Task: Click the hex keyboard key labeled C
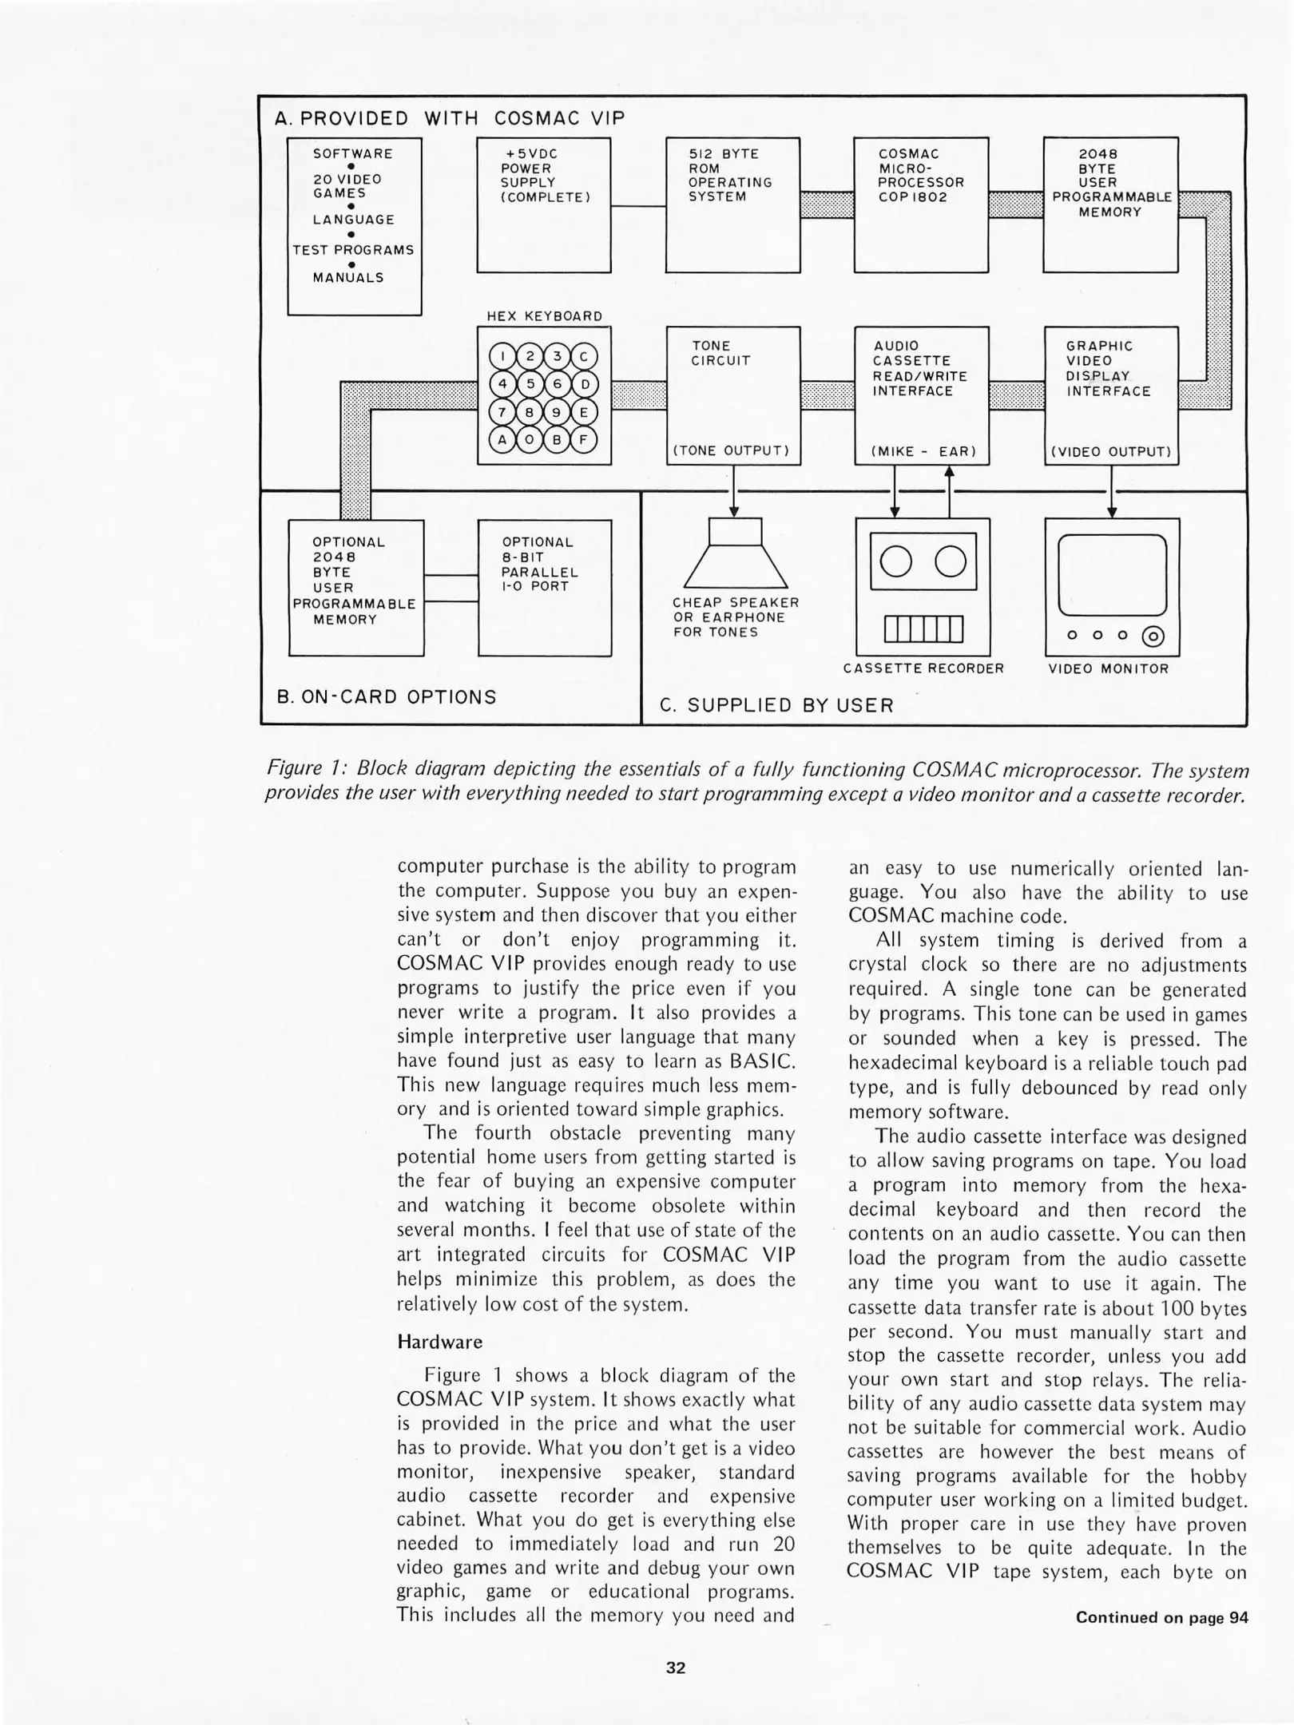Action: (584, 356)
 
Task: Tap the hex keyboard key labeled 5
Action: (530, 384)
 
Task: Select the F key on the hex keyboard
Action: (584, 439)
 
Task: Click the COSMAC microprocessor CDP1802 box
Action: (921, 205)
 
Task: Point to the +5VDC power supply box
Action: (543, 205)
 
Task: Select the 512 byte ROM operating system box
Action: (732, 205)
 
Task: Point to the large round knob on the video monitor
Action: (1153, 636)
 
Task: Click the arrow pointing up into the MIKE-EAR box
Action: (949, 473)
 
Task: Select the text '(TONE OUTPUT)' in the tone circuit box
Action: (732, 451)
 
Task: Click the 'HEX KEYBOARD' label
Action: (545, 316)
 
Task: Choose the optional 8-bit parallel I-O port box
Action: (545, 588)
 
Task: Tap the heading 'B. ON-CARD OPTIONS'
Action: (387, 696)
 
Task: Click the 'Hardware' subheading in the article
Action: (439, 1341)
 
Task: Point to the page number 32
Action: (676, 1667)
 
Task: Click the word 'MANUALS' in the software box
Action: (348, 278)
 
